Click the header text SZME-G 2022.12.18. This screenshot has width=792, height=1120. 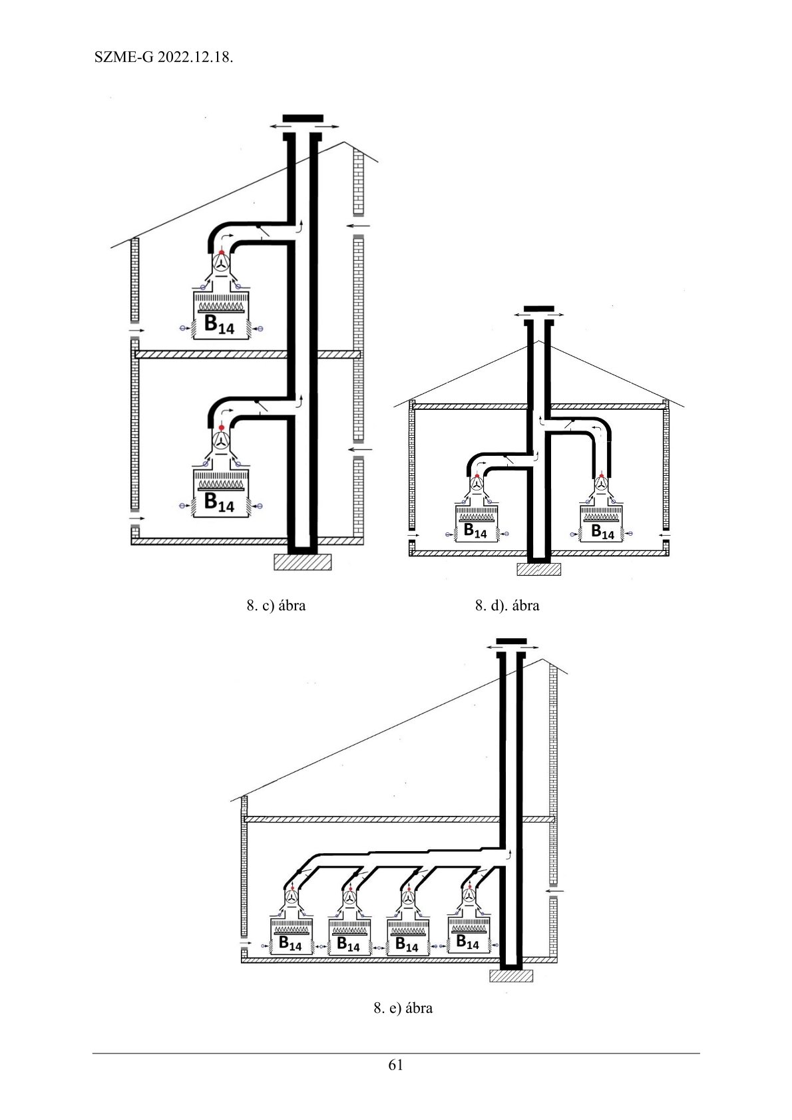(x=164, y=57)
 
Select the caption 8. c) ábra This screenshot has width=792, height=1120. (x=276, y=606)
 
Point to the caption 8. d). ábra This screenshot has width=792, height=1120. (x=507, y=606)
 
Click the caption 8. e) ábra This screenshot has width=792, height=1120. (x=403, y=1008)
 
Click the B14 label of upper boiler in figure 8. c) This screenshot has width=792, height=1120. (x=219, y=325)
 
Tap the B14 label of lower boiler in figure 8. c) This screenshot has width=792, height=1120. (x=219, y=502)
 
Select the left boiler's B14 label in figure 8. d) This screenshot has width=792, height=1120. (x=475, y=531)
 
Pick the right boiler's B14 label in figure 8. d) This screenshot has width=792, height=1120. (x=602, y=532)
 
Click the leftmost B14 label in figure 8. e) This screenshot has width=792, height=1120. (x=290, y=944)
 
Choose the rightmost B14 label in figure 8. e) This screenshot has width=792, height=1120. (x=467, y=942)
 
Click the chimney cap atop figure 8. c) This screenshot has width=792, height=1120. (x=303, y=118)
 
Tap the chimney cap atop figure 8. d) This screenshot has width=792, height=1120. (x=539, y=309)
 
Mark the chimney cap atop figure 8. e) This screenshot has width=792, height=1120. (x=511, y=642)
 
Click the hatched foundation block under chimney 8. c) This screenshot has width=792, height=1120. (x=303, y=562)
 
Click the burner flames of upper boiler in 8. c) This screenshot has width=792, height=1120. (x=221, y=305)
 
